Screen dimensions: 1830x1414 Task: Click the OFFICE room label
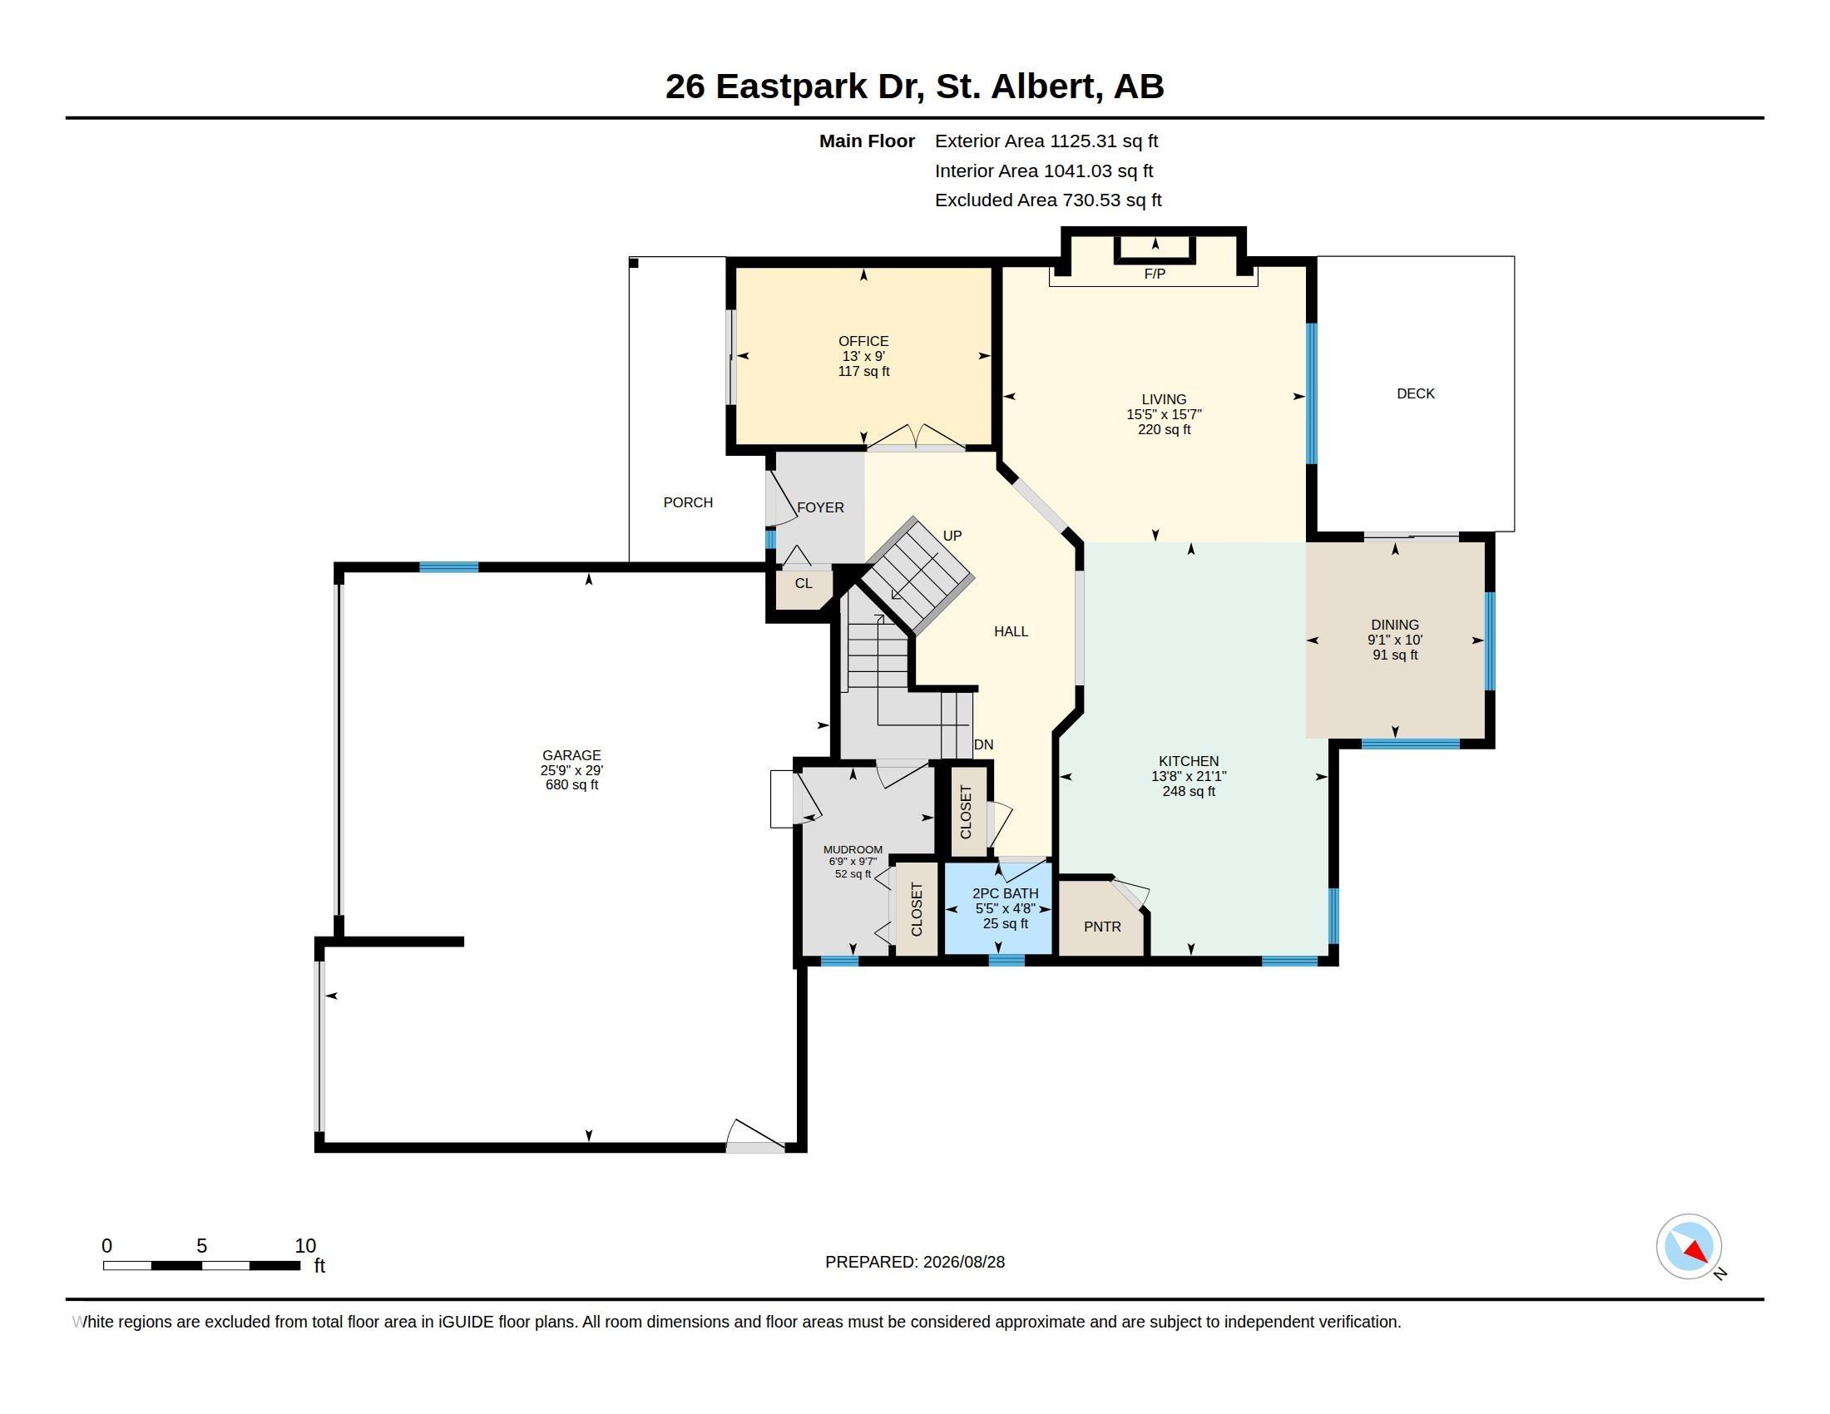tap(863, 341)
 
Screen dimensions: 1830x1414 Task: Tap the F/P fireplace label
tap(1155, 274)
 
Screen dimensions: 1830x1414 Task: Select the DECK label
tap(1415, 393)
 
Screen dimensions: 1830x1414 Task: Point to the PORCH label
tap(688, 502)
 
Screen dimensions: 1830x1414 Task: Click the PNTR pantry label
tap(1102, 927)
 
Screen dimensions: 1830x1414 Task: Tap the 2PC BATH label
tap(1006, 894)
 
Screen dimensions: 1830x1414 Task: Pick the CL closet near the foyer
tap(804, 583)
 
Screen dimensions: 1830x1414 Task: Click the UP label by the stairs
tap(952, 536)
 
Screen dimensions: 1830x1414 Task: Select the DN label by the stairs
tap(984, 744)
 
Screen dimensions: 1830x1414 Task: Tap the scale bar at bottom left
tap(201, 1266)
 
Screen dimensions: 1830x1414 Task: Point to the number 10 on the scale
tap(305, 1246)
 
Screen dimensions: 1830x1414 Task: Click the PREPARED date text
tap(915, 1262)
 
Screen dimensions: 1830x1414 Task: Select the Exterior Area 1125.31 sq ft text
tap(1046, 141)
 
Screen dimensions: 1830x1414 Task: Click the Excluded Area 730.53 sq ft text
tap(1048, 200)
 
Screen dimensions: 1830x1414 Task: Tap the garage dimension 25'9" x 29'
tap(571, 770)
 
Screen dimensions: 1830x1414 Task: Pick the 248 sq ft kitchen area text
tap(1188, 791)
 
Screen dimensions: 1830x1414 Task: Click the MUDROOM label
tap(852, 849)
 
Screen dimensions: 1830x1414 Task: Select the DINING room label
tap(1394, 625)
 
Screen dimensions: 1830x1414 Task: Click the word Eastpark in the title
tap(791, 87)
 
